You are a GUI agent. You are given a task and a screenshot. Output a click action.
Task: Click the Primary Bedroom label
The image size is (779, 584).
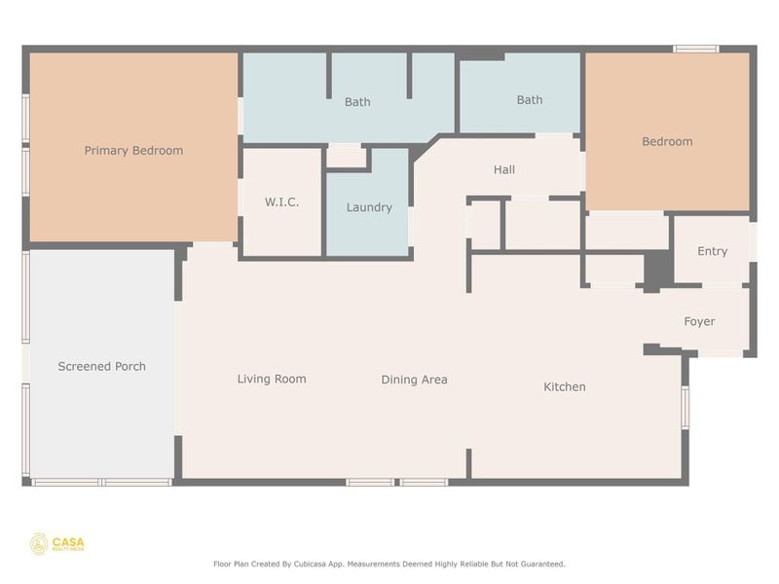(133, 151)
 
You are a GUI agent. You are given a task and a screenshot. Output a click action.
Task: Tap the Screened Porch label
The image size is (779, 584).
(101, 367)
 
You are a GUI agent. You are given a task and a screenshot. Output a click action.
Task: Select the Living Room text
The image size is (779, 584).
(272, 380)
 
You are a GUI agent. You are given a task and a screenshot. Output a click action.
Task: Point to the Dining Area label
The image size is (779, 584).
(414, 380)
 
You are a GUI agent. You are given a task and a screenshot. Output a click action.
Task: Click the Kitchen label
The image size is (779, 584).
(565, 387)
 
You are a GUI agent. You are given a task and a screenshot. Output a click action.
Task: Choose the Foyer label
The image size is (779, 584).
(699, 322)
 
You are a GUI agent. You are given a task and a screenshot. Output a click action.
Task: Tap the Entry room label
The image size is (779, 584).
(712, 251)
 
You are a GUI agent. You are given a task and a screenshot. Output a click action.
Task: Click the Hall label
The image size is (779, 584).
(504, 170)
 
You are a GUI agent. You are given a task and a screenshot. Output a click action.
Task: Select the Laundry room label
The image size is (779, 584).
(369, 207)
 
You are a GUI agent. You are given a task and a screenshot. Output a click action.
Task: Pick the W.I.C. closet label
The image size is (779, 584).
(281, 202)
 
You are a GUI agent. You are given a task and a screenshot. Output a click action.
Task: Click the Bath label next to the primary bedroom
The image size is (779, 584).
(357, 102)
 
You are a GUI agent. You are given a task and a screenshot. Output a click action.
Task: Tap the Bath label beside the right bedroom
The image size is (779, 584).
(530, 100)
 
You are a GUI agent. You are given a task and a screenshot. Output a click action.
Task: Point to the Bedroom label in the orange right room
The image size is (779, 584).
(667, 142)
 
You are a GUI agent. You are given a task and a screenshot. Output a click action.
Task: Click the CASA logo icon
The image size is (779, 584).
(39, 544)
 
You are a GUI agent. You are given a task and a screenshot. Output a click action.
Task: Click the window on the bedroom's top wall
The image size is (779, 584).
(696, 49)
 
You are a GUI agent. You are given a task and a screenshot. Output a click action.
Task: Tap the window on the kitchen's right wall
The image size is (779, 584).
(686, 407)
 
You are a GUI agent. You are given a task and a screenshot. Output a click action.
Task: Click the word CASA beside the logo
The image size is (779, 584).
(67, 541)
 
